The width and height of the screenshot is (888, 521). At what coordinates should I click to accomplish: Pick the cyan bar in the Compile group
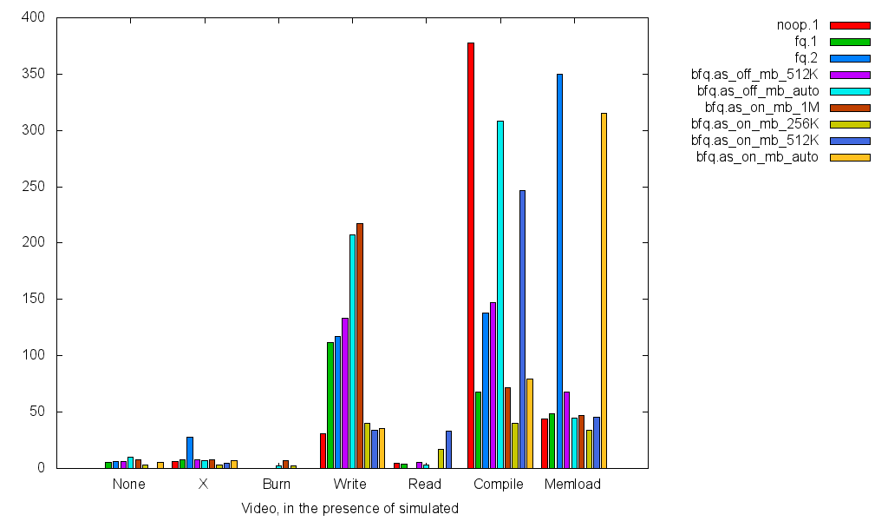[x=500, y=294]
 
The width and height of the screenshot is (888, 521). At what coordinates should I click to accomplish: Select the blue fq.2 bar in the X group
[x=190, y=452]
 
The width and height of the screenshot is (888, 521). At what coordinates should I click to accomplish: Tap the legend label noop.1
[x=797, y=24]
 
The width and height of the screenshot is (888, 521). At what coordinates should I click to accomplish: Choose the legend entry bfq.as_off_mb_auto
[x=757, y=90]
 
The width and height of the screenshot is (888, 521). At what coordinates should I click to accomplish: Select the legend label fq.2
[x=806, y=57]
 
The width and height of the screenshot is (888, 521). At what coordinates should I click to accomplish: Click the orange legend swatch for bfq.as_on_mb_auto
[x=849, y=157]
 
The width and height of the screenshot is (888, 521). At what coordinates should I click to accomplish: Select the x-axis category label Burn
[x=277, y=485]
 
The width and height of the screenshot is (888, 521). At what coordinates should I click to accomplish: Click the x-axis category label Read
[x=424, y=485]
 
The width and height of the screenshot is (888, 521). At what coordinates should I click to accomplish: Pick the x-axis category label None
[x=128, y=485]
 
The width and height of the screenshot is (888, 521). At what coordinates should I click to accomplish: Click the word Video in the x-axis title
[x=258, y=509]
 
